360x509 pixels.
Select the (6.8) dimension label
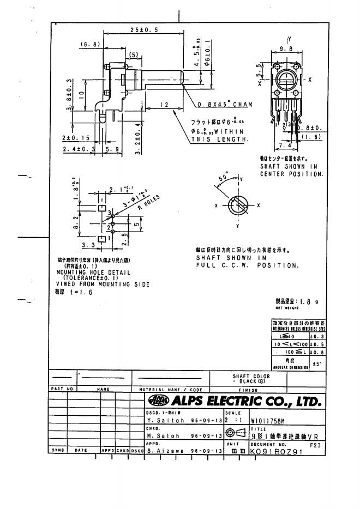tap(89, 44)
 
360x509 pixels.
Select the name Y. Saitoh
tap(163, 421)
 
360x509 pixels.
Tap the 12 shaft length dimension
tap(164, 104)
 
